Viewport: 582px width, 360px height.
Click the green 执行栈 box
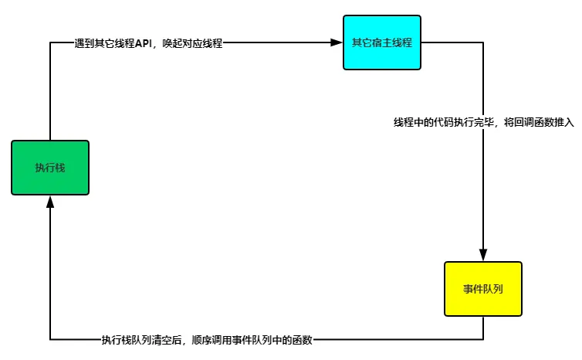pos(51,167)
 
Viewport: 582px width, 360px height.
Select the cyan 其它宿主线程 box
pos(382,42)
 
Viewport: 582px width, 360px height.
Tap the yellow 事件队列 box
pos(483,289)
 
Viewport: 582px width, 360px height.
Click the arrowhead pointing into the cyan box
pos(337,42)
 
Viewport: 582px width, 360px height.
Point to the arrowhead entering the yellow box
pos(483,256)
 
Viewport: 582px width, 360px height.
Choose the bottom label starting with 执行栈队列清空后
pos(207,339)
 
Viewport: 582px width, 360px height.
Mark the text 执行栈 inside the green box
pos(51,168)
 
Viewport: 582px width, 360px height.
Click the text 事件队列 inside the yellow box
pos(483,289)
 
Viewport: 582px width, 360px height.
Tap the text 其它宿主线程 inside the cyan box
pos(382,42)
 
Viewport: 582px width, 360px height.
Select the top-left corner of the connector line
pos(51,42)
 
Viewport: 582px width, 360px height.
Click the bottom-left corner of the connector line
pos(51,339)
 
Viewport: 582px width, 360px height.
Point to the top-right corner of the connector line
pos(483,42)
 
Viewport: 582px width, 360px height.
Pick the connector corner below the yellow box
pos(483,339)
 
